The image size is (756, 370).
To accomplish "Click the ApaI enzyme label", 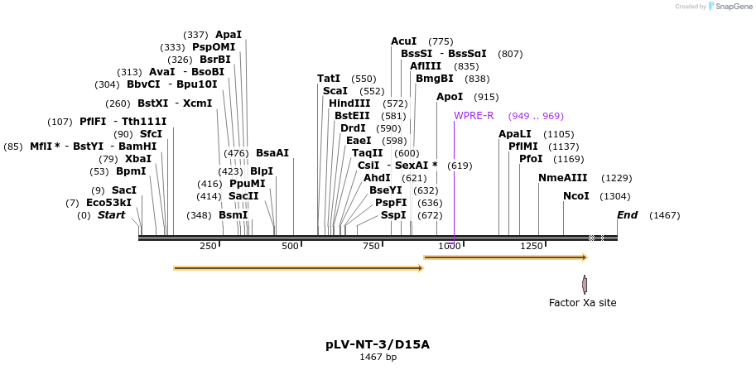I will [229, 35].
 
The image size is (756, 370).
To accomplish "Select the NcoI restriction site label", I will [576, 196].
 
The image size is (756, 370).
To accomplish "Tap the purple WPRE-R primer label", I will [474, 116].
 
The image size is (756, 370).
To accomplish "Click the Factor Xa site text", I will [582, 303].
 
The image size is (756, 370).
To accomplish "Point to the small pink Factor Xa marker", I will [585, 285].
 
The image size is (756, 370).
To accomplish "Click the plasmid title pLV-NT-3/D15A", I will [378, 344].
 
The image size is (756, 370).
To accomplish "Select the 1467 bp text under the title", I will [378, 358].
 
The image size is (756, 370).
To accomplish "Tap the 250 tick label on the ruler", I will [208, 246].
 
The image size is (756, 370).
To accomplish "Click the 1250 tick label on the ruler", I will [531, 246].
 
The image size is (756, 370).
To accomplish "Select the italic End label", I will [628, 215].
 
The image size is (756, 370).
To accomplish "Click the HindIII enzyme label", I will [349, 103].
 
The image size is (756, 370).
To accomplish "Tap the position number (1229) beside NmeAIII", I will [617, 178].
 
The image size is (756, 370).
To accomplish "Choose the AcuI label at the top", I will [404, 41].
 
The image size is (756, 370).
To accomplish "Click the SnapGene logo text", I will [734, 7].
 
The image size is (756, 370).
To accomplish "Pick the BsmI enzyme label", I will [234, 215].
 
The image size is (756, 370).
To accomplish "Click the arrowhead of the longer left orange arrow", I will [420, 268].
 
